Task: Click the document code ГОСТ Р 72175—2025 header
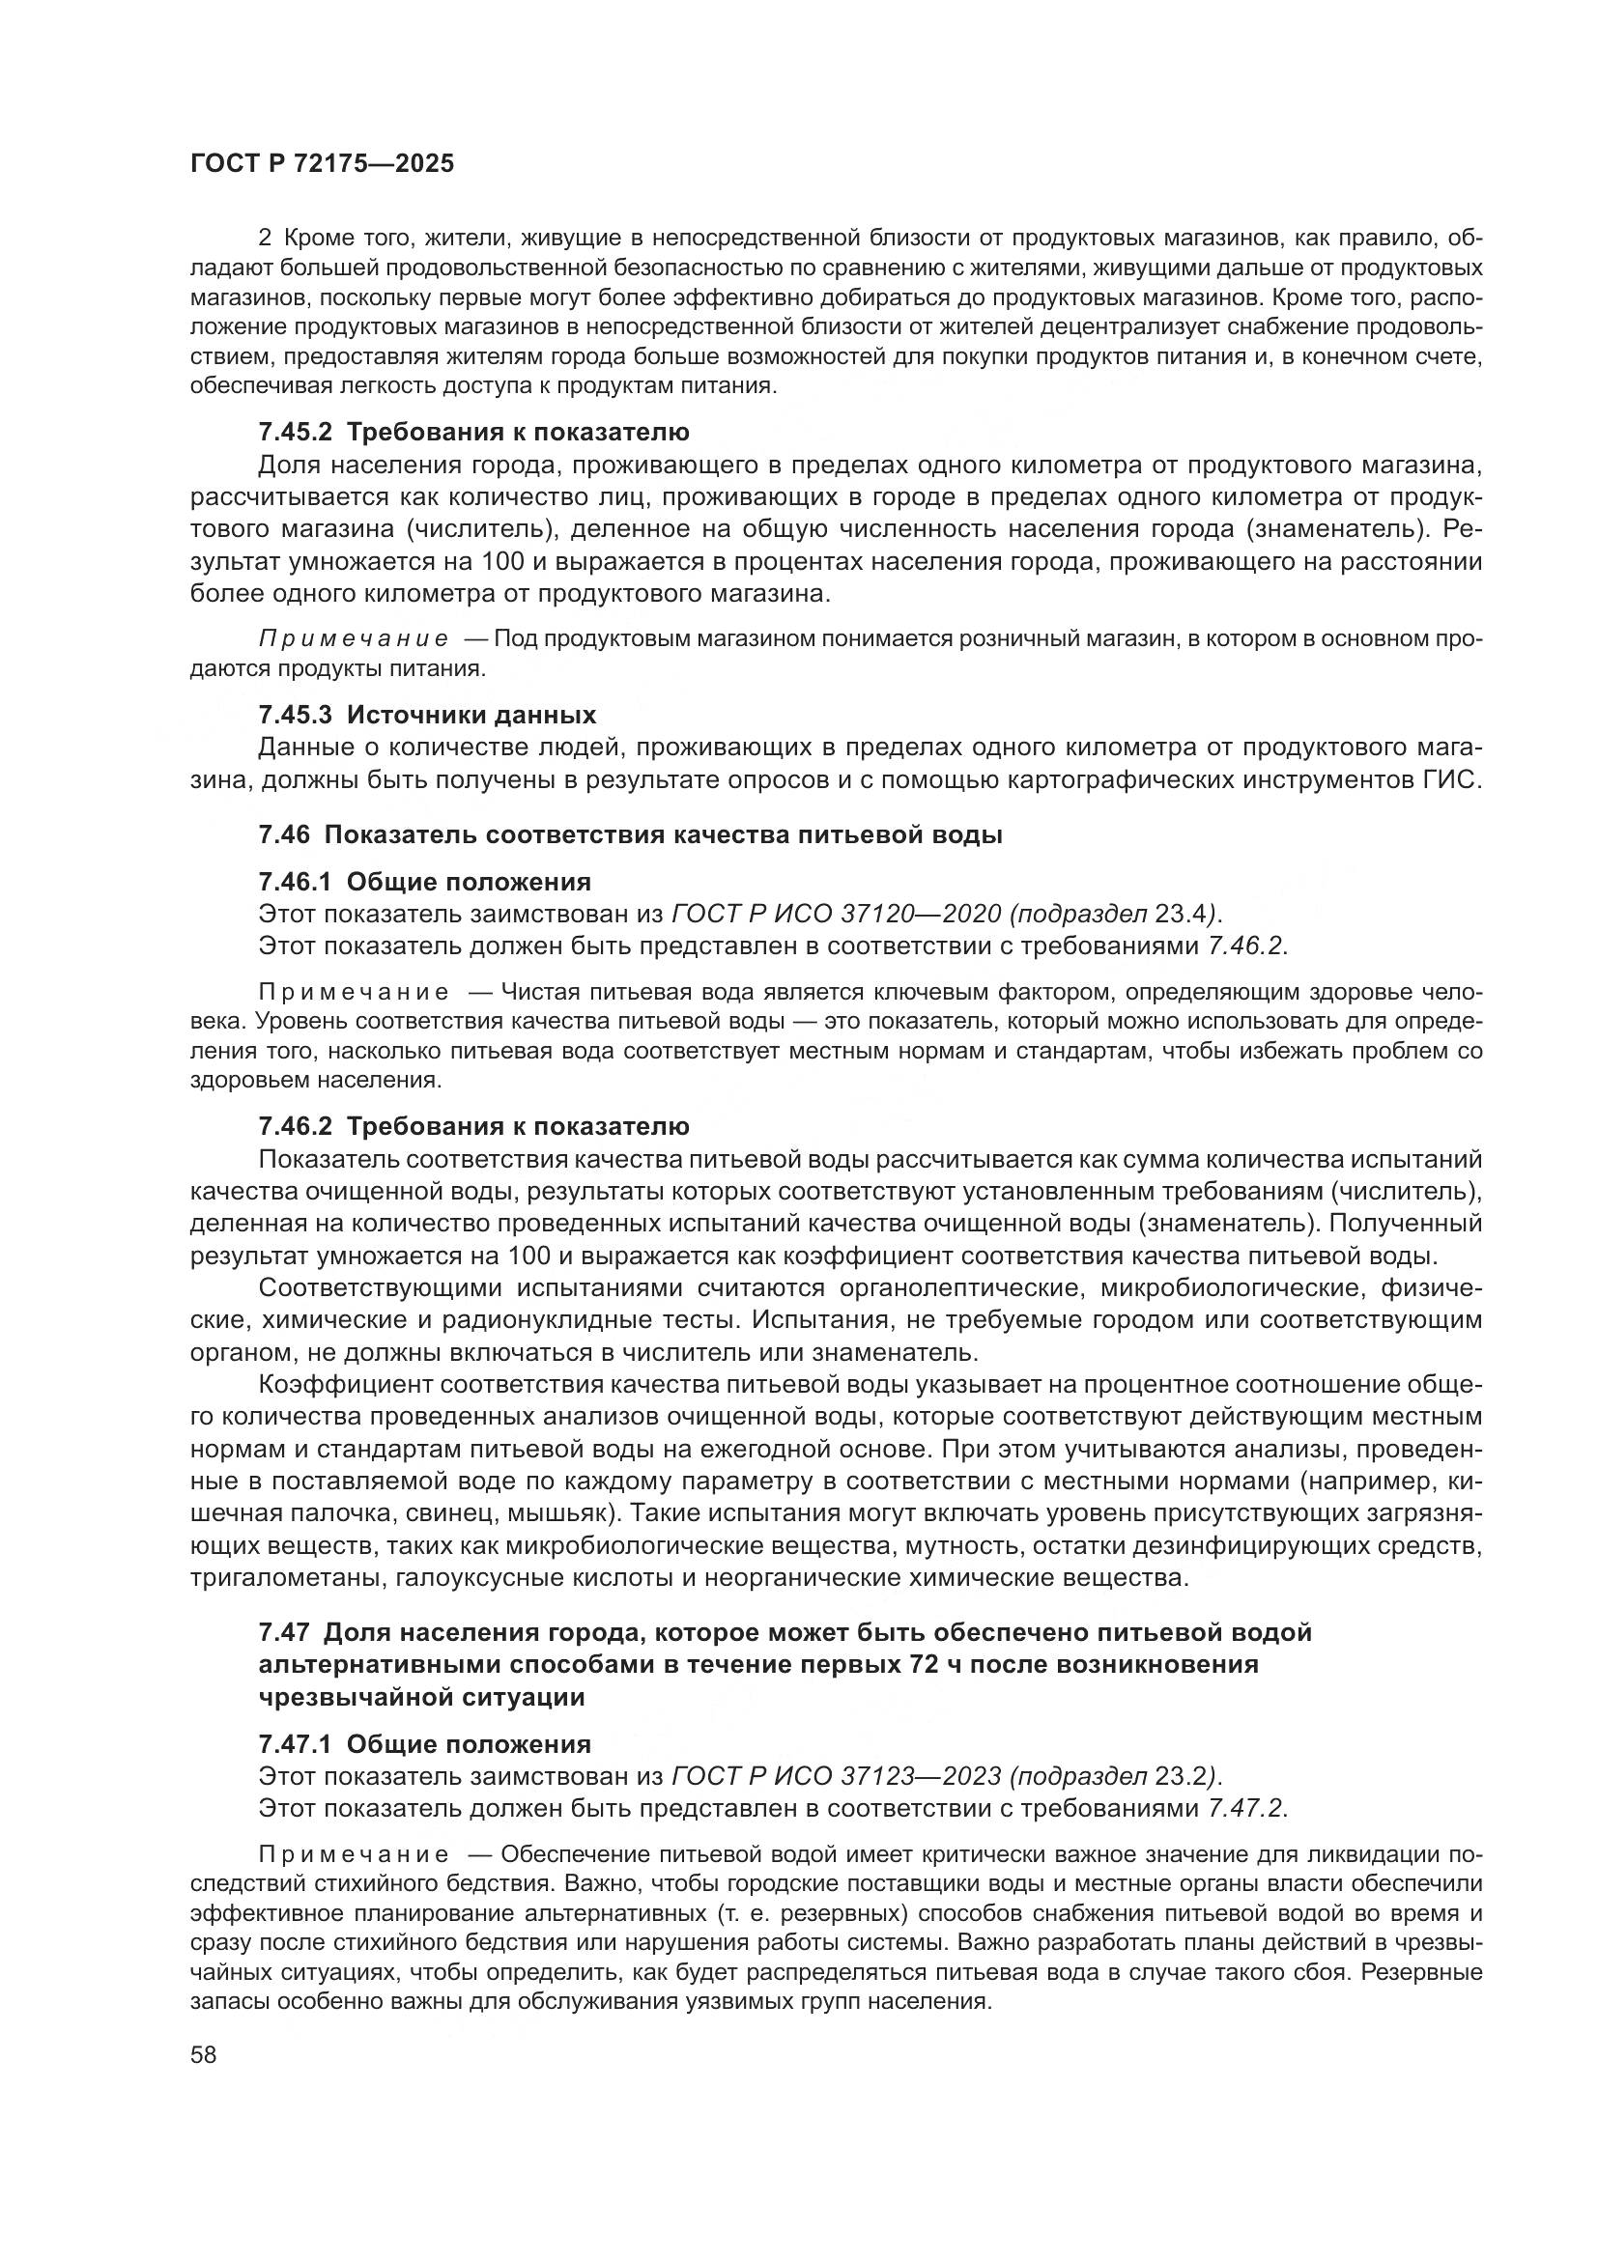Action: point(322,164)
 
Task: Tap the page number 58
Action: point(204,2054)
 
